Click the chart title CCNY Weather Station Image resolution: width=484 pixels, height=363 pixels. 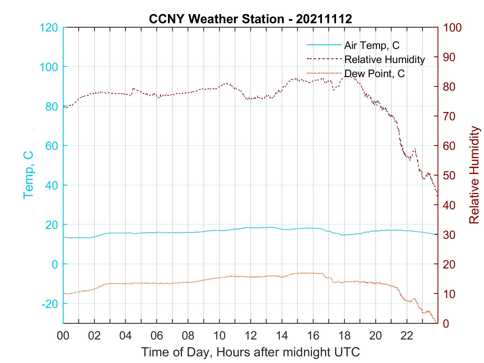click(250, 19)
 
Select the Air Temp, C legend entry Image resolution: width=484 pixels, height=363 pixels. click(372, 45)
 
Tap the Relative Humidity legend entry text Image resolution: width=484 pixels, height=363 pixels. click(384, 59)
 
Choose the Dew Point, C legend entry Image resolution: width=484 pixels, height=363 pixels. click(374, 74)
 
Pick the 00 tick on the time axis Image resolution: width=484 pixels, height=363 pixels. click(63, 336)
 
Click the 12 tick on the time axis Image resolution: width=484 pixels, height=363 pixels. click(251, 336)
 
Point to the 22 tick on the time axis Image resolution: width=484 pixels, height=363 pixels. click(407, 336)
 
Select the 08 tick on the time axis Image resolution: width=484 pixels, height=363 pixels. click(188, 336)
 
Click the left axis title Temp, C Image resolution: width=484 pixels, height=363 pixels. click(28, 175)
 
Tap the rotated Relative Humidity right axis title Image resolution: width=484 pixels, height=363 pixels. click(474, 175)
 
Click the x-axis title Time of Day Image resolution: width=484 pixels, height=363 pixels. click(250, 352)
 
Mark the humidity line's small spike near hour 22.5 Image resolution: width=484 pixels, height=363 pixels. click(415, 149)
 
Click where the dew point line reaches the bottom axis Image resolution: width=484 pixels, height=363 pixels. click(437, 323)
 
